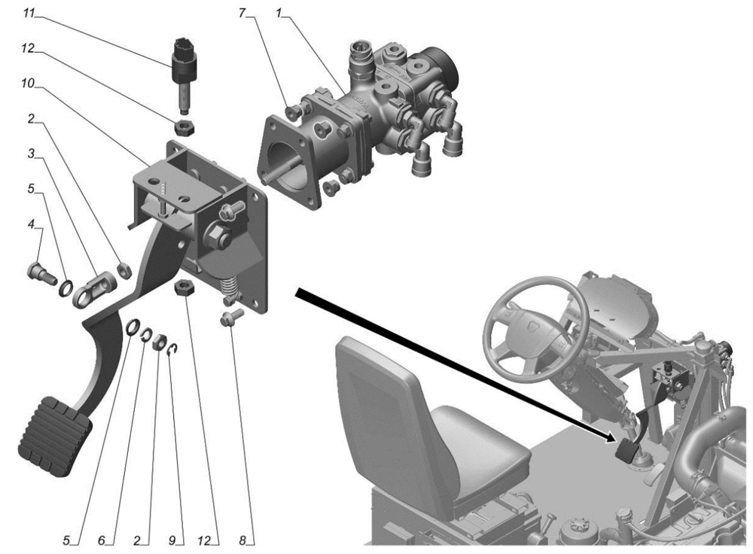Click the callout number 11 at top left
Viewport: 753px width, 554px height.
pos(30,14)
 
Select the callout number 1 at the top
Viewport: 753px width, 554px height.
pos(278,14)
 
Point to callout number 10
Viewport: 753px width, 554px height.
pos(28,84)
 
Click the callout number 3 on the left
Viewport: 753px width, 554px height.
pos(31,154)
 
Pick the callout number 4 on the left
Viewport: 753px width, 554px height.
pos(31,224)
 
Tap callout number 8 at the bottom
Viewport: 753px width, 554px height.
pos(242,540)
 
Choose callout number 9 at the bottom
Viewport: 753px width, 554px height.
pos(172,540)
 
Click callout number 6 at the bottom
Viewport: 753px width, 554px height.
pos(102,540)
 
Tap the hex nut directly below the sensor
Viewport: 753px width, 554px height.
pos(184,128)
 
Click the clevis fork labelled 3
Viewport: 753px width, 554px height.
pos(94,288)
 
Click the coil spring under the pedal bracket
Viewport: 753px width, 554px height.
pos(229,288)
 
